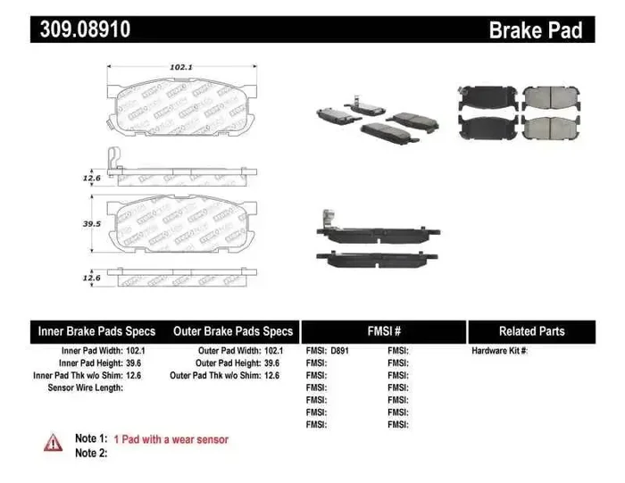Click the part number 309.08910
[x=85, y=29]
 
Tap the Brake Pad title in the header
[x=536, y=29]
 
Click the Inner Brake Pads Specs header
[x=96, y=331]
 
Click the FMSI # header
[x=384, y=331]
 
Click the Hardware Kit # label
[x=499, y=351]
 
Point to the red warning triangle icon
[x=54, y=441]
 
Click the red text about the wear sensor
[x=171, y=439]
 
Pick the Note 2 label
[x=91, y=454]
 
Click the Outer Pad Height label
[x=229, y=363]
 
